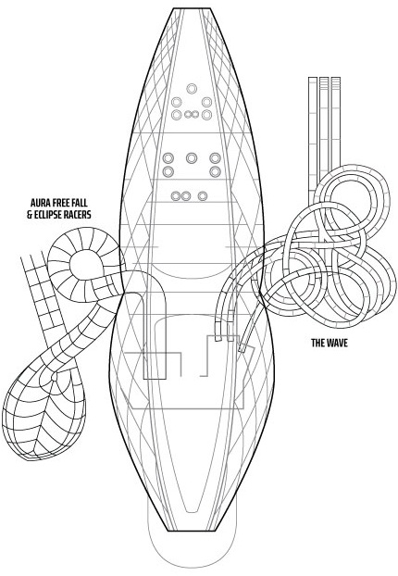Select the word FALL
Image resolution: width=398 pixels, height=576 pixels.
pyautogui.click(x=81, y=203)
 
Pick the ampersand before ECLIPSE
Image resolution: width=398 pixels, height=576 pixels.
pyautogui.click(x=30, y=215)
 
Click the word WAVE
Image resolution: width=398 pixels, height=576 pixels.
pyautogui.click(x=336, y=344)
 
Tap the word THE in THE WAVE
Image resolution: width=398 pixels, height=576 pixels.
pyautogui.click(x=317, y=344)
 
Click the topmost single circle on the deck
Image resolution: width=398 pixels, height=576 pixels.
pyautogui.click(x=192, y=89)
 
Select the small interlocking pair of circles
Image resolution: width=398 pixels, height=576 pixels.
pyautogui.click(x=192, y=115)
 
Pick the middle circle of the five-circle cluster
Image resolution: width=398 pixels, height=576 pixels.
pyautogui.click(x=192, y=158)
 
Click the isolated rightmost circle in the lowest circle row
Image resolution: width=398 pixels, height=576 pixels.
pyautogui.click(x=203, y=195)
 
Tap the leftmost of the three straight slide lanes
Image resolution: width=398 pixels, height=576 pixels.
pyautogui.click(x=313, y=140)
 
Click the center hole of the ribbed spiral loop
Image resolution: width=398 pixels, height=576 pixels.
pyautogui.click(x=84, y=264)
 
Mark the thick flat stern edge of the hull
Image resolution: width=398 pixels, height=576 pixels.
pyautogui.click(x=191, y=531)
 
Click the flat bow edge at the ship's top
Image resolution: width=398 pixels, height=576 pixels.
pyautogui.click(x=192, y=8)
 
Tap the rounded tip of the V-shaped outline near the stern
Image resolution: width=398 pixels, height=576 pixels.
pyautogui.click(x=192, y=510)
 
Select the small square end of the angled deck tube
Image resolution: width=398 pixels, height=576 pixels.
pyautogui.click(x=242, y=347)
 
